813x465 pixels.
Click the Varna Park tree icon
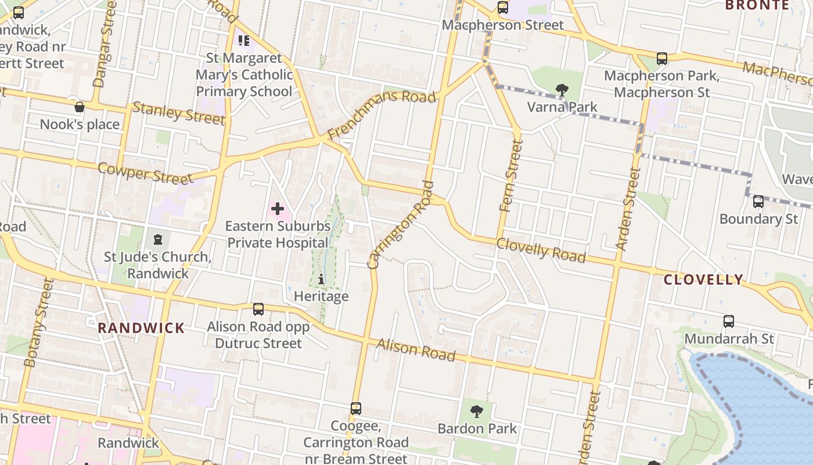coord(562,90)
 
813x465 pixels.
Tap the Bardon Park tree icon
coord(477,412)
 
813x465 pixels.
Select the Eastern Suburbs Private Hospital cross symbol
coord(278,209)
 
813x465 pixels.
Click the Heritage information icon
coord(321,280)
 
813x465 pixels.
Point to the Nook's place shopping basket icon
coord(80,107)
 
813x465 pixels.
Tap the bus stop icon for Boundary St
coord(758,202)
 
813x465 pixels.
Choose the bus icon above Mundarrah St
coord(728,321)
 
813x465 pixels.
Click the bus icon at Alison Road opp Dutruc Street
coord(258,309)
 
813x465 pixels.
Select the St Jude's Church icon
coord(157,239)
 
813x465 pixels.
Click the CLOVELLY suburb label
coord(703,280)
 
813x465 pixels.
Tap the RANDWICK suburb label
coord(141,328)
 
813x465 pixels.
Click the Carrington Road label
coord(401,225)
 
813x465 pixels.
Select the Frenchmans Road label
coord(382,114)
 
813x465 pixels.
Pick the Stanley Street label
coord(178,113)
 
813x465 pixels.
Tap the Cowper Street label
coord(145,173)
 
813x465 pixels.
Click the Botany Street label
coord(39,323)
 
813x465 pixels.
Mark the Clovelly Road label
coord(541,250)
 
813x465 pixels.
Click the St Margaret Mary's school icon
coord(244,41)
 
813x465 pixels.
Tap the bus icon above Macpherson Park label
coord(661,58)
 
